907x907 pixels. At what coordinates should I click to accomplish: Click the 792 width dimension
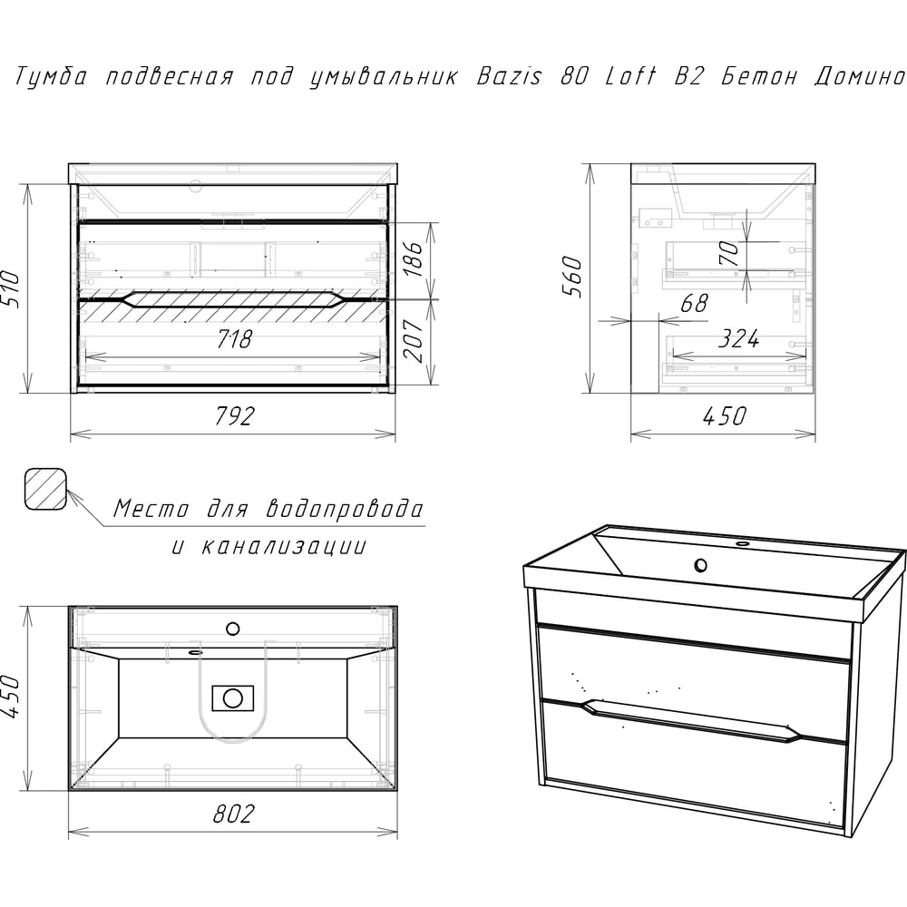pos(234,416)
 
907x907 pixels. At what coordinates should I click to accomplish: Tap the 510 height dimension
pos(11,288)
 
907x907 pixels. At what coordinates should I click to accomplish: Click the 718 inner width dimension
pos(234,339)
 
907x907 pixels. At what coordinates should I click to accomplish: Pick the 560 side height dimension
pos(572,277)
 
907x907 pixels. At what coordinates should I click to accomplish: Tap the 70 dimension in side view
pos(729,252)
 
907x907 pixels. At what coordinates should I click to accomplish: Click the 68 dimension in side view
pos(694,303)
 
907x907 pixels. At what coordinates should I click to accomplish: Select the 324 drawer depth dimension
pos(738,339)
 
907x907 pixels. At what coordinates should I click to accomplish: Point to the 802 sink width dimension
pos(234,814)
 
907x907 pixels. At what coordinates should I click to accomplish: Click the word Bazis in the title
pos(509,76)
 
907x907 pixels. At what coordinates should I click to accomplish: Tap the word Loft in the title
pos(630,76)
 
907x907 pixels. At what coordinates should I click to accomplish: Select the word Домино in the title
pos(859,77)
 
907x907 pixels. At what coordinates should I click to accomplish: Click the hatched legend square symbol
pos(45,489)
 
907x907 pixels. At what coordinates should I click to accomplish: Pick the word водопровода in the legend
pos(345,509)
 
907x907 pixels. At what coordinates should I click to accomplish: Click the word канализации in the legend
pos(283,546)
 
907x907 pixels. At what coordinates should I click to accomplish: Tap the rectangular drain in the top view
pos(232,698)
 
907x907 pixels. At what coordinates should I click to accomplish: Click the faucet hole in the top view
pos(232,629)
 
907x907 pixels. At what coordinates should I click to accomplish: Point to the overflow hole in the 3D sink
pos(700,564)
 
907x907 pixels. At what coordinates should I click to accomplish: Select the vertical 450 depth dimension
pos(11,697)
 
